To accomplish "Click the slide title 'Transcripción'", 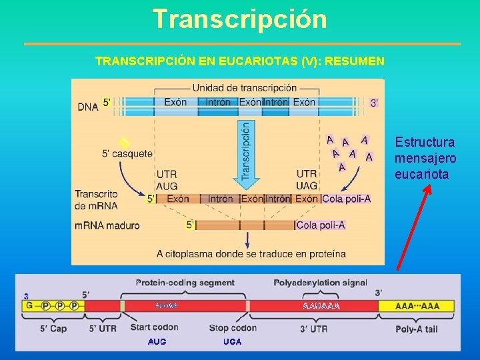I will (239, 19).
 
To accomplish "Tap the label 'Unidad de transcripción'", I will (245, 88).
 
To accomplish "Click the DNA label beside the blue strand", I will (88, 107).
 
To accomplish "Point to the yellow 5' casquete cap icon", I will (123, 143).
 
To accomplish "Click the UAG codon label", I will (307, 185).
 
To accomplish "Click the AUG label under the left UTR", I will (167, 185).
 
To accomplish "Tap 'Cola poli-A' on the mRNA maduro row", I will (321, 225).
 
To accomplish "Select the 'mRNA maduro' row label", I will (107, 225).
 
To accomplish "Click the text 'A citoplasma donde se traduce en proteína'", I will (251, 253).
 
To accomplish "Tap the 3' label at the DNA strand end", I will (375, 103).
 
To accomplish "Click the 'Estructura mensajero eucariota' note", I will (425, 159).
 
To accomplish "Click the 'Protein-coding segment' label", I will (185, 283).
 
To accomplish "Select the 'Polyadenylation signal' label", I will (320, 283).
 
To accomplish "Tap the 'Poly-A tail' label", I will (417, 328).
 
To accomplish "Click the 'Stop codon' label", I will (232, 327).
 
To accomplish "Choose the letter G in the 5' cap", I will (29, 306).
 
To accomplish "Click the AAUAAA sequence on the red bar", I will (321, 306).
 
